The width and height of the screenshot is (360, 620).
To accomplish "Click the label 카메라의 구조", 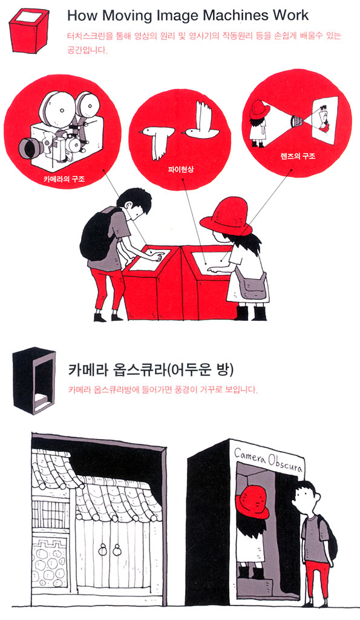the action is coord(64,179).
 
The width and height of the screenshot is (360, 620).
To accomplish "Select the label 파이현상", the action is coord(180,170).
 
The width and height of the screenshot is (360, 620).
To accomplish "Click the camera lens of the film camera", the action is coord(30,148).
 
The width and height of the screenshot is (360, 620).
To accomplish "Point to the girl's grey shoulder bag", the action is coord(254,286).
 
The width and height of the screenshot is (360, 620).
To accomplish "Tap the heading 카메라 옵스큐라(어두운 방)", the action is coord(151,370).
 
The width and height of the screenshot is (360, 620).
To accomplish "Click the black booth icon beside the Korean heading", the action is coord(34,380).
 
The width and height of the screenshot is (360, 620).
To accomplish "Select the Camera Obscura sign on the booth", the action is coord(268,459).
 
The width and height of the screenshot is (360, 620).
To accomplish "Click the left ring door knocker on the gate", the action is coord(103,550).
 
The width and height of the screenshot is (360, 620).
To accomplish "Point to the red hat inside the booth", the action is coord(252,503).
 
